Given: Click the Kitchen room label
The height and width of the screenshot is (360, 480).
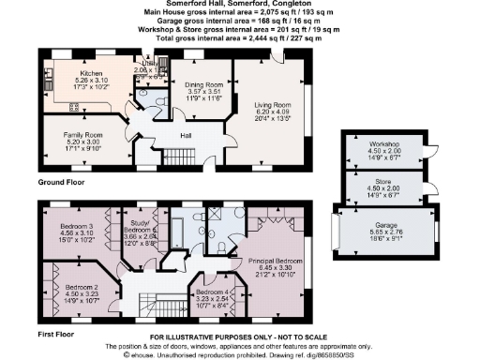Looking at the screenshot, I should (x=91, y=71).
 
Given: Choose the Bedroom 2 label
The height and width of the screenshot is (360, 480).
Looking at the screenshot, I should (x=81, y=286).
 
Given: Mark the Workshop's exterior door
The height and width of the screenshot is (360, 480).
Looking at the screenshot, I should (x=425, y=150).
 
